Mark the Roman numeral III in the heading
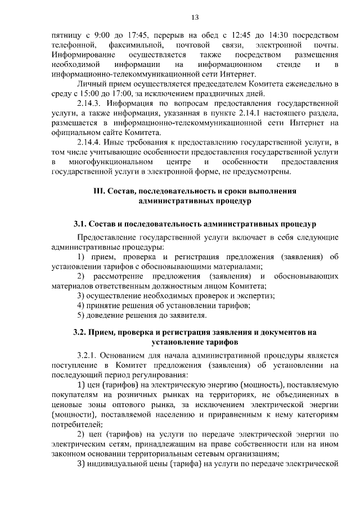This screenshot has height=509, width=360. [x=100, y=191]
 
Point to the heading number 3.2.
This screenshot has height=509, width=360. [x=80, y=332]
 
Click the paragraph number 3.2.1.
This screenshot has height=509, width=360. [x=89, y=355]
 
